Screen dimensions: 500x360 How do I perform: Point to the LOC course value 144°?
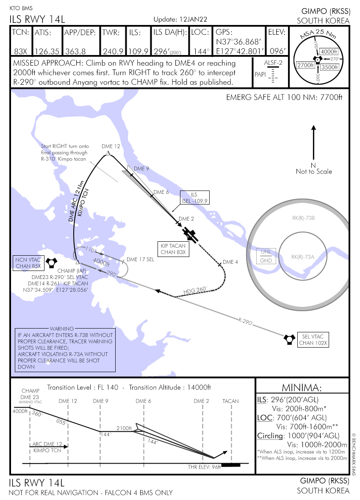coord(201,51)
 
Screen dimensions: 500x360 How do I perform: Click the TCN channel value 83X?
coord(20,51)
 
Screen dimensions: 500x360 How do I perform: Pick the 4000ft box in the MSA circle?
coord(328,52)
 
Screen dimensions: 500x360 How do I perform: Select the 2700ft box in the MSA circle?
coord(305,65)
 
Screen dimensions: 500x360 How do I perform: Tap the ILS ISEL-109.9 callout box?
coord(194,198)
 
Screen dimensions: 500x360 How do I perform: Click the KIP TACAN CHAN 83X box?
coord(173,249)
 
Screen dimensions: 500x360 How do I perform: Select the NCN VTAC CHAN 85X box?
coord(28,262)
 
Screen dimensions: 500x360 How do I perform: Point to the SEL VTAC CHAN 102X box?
coord(313,339)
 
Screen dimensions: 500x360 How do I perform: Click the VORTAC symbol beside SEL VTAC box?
coord(289,338)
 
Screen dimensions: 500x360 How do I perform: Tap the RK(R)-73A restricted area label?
coord(303,257)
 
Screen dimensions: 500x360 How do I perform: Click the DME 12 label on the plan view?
coord(111,146)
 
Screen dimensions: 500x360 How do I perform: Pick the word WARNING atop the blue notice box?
coord(62,329)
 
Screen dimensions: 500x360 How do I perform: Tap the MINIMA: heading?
coord(302,388)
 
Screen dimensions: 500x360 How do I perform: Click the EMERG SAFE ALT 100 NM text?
coord(284,98)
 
